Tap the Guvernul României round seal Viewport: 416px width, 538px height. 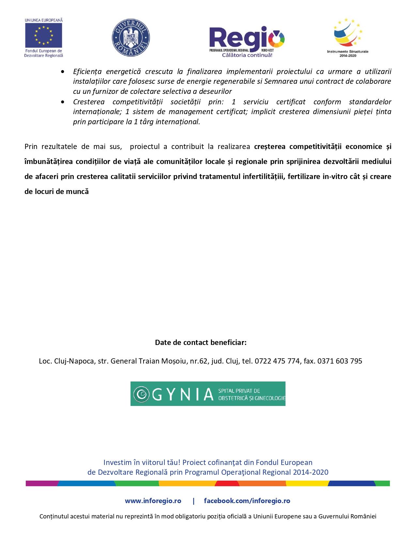click(131, 37)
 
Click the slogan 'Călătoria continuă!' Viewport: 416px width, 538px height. click(247, 55)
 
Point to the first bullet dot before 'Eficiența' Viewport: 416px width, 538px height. click(62, 72)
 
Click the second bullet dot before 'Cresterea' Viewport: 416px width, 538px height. click(62, 102)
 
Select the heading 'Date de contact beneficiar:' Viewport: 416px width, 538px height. click(201, 342)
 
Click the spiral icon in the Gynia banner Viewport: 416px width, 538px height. click(142, 394)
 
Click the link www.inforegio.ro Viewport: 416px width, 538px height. click(153, 501)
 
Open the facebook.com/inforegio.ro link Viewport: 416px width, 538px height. click(247, 501)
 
